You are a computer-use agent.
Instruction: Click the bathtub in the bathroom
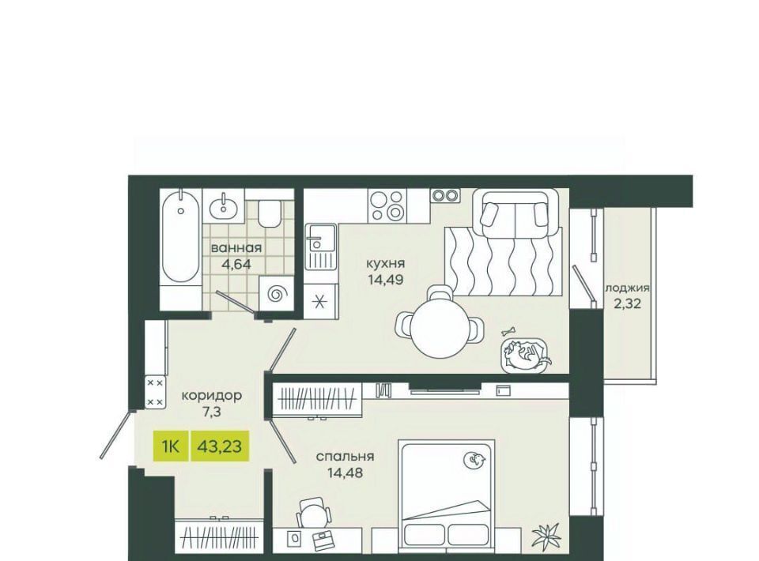(x=180, y=238)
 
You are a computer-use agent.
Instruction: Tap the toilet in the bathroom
(x=270, y=213)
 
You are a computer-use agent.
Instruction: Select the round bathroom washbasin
(x=224, y=207)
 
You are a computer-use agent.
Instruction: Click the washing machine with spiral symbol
(x=277, y=294)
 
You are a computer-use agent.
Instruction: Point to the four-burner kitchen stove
(x=387, y=206)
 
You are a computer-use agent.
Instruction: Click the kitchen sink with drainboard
(x=320, y=247)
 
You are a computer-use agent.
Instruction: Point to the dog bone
(x=508, y=332)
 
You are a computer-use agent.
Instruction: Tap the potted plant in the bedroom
(x=546, y=536)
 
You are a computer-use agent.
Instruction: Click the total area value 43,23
(x=219, y=446)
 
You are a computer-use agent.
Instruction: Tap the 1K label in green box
(x=171, y=446)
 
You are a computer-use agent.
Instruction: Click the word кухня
(x=385, y=264)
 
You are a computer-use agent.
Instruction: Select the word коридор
(x=212, y=396)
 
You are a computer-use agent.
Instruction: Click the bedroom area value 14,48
(x=345, y=472)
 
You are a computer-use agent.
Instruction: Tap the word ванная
(x=236, y=249)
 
